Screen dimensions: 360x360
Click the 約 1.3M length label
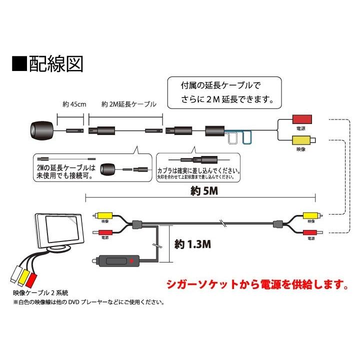tap(192, 244)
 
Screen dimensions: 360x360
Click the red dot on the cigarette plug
tap(131, 260)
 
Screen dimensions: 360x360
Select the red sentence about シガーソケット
tap(256, 286)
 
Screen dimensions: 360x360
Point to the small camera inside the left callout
tap(108, 168)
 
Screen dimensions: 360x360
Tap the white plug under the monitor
tap(14, 276)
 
